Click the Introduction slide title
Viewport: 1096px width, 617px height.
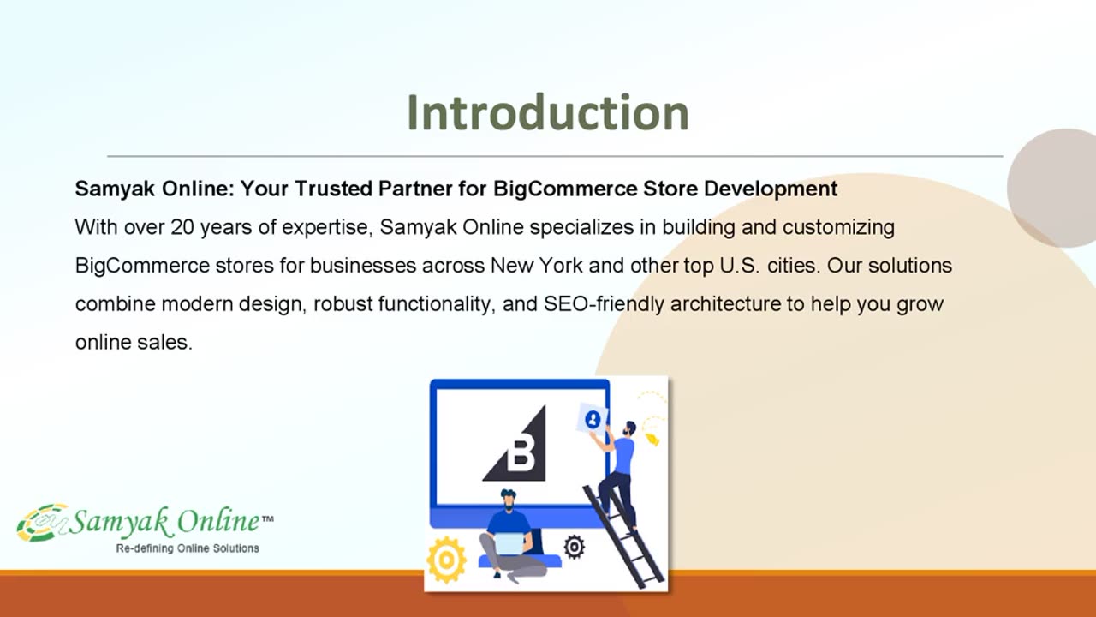[548, 112]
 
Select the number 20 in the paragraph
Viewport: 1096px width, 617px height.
[182, 227]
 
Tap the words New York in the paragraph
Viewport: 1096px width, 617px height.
[536, 266]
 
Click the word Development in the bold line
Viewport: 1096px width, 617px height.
[770, 189]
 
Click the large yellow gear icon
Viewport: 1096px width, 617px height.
[446, 560]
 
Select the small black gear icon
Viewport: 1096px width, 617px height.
[574, 547]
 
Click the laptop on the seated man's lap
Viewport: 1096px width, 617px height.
[509, 543]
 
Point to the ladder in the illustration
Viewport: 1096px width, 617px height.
[622, 536]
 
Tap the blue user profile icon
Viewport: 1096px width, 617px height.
[593, 420]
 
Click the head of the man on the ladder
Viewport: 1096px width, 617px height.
[629, 428]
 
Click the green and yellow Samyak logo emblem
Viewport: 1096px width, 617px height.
[42, 523]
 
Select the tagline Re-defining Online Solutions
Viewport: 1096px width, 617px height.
[188, 549]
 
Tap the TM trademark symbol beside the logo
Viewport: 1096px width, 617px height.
[268, 518]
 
